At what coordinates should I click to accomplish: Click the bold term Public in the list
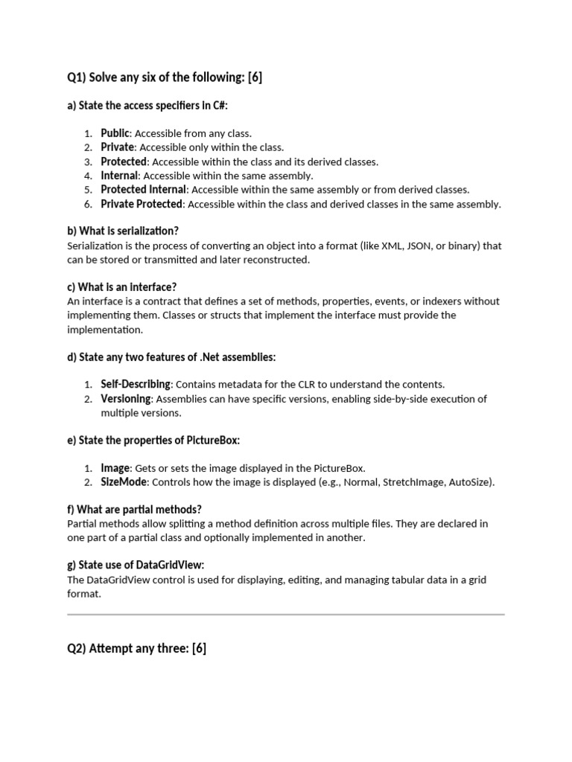(115, 133)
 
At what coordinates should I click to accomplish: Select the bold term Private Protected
(142, 204)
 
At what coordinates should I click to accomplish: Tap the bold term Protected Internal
(143, 190)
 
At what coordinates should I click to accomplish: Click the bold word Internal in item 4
(119, 176)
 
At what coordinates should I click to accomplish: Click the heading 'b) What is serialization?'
(123, 231)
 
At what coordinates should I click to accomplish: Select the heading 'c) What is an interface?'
(121, 287)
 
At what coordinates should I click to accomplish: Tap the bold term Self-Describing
(136, 385)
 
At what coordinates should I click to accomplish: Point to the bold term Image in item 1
(115, 468)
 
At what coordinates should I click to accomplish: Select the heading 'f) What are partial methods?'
(134, 510)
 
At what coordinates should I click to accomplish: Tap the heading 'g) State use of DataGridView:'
(136, 566)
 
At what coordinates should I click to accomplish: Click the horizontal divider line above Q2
(286, 615)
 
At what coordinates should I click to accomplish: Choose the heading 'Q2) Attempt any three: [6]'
(137, 649)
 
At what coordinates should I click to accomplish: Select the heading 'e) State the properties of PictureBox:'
(153, 441)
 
